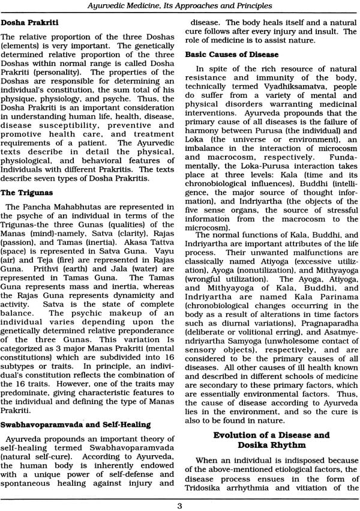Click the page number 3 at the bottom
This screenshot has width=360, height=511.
[x=179, y=504]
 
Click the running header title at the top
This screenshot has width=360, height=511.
[x=179, y=7]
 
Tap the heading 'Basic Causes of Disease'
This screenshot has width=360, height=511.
[x=232, y=54]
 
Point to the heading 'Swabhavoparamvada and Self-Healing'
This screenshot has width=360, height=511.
[x=76, y=425]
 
